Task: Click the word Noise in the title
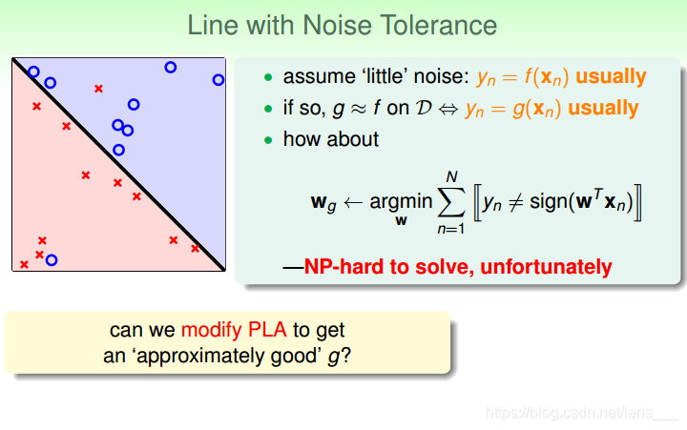[338, 25]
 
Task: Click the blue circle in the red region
[52, 260]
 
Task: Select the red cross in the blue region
[98, 89]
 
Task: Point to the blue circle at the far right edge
[219, 80]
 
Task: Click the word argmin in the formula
[401, 202]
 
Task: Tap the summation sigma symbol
[451, 202]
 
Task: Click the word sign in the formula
[549, 202]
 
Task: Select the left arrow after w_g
[353, 202]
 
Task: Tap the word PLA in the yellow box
[267, 330]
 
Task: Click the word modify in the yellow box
[212, 331]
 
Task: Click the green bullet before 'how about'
[268, 140]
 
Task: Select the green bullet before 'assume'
[268, 77]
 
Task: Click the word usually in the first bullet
[611, 77]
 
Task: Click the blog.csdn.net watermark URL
[582, 413]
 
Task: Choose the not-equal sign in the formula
[515, 202]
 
